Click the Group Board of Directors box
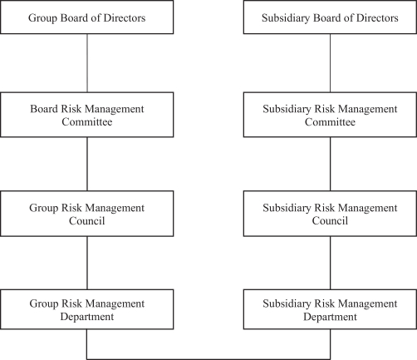click(87, 17)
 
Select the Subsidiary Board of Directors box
click(330, 17)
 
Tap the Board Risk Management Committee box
click(87, 115)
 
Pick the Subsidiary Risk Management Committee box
click(330, 115)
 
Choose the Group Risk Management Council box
click(87, 214)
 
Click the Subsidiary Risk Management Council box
click(330, 214)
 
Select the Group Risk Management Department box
click(87, 309)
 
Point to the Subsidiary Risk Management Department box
click(330, 309)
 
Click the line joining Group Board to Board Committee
click(87, 63)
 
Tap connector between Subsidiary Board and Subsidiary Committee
click(330, 63)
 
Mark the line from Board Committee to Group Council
click(87, 164)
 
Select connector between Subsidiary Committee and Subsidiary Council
click(330, 164)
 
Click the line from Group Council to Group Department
click(87, 263)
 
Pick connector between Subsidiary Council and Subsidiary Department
click(330, 263)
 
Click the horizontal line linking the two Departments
click(208, 359)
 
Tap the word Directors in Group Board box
click(125, 17)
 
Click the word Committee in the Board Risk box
click(87, 121)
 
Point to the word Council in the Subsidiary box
click(330, 220)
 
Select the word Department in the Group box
click(87, 317)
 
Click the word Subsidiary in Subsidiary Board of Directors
click(286, 18)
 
